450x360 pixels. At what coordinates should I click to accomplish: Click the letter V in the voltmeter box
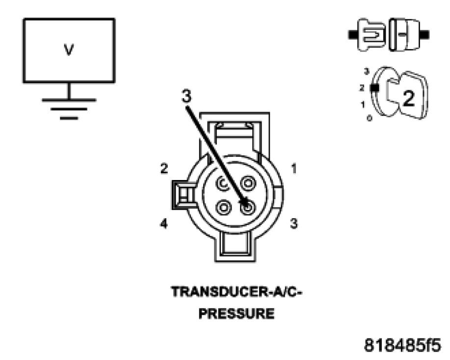[x=69, y=51]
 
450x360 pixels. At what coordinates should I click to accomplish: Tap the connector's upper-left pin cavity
[x=224, y=184]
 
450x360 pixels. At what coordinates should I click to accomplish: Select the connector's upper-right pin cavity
[x=247, y=184]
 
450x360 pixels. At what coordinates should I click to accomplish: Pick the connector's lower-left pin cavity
[x=224, y=207]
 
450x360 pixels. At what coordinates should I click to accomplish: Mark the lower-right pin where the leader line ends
[x=247, y=207]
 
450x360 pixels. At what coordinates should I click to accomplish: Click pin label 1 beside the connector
[x=294, y=169]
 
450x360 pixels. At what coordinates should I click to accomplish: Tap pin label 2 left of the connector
[x=164, y=169]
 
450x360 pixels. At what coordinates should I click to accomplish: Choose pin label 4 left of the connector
[x=164, y=224]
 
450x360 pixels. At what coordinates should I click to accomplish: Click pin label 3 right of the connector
[x=294, y=224]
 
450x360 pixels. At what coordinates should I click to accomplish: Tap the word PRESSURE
[x=236, y=313]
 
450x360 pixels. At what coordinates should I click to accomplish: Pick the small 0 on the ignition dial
[x=369, y=119]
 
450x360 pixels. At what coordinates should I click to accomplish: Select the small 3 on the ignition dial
[x=366, y=72]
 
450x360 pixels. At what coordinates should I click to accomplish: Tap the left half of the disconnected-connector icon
[x=369, y=34]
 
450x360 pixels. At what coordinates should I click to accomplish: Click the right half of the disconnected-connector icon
[x=407, y=34]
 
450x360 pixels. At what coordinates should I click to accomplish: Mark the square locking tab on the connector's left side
[x=181, y=196]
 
